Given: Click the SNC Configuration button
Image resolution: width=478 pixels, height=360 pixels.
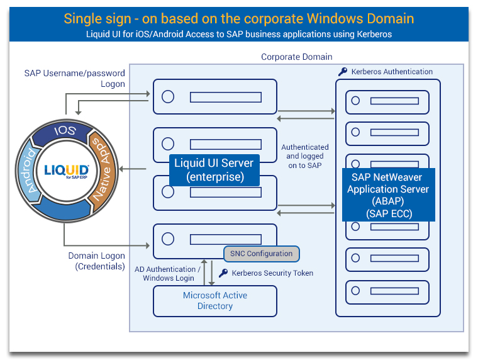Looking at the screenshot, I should pyautogui.click(x=261, y=254).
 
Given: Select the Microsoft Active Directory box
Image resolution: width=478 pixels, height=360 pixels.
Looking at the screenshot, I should pyautogui.click(x=215, y=301).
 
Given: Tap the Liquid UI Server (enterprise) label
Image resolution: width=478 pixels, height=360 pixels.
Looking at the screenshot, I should pyautogui.click(x=214, y=170).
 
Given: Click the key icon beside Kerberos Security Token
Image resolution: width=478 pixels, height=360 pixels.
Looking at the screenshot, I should pyautogui.click(x=223, y=273).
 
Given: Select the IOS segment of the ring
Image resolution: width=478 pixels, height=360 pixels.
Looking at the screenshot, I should pyautogui.click(x=65, y=131).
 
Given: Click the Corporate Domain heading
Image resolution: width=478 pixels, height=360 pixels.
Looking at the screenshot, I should pyautogui.click(x=296, y=57).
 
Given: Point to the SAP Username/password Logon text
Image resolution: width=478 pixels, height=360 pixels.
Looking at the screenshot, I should pyautogui.click(x=75, y=79).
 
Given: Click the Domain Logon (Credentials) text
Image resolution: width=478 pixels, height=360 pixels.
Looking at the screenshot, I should pyautogui.click(x=96, y=261).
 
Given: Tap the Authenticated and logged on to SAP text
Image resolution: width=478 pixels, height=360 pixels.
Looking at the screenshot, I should pyautogui.click(x=305, y=156).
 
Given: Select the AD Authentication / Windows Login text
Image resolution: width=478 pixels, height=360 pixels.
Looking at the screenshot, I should pyautogui.click(x=168, y=274).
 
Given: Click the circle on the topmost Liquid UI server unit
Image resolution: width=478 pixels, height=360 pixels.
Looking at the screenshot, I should pyautogui.click(x=168, y=97).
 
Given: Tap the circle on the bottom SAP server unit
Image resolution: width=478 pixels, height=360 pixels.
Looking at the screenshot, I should pyautogui.click(x=355, y=291).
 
